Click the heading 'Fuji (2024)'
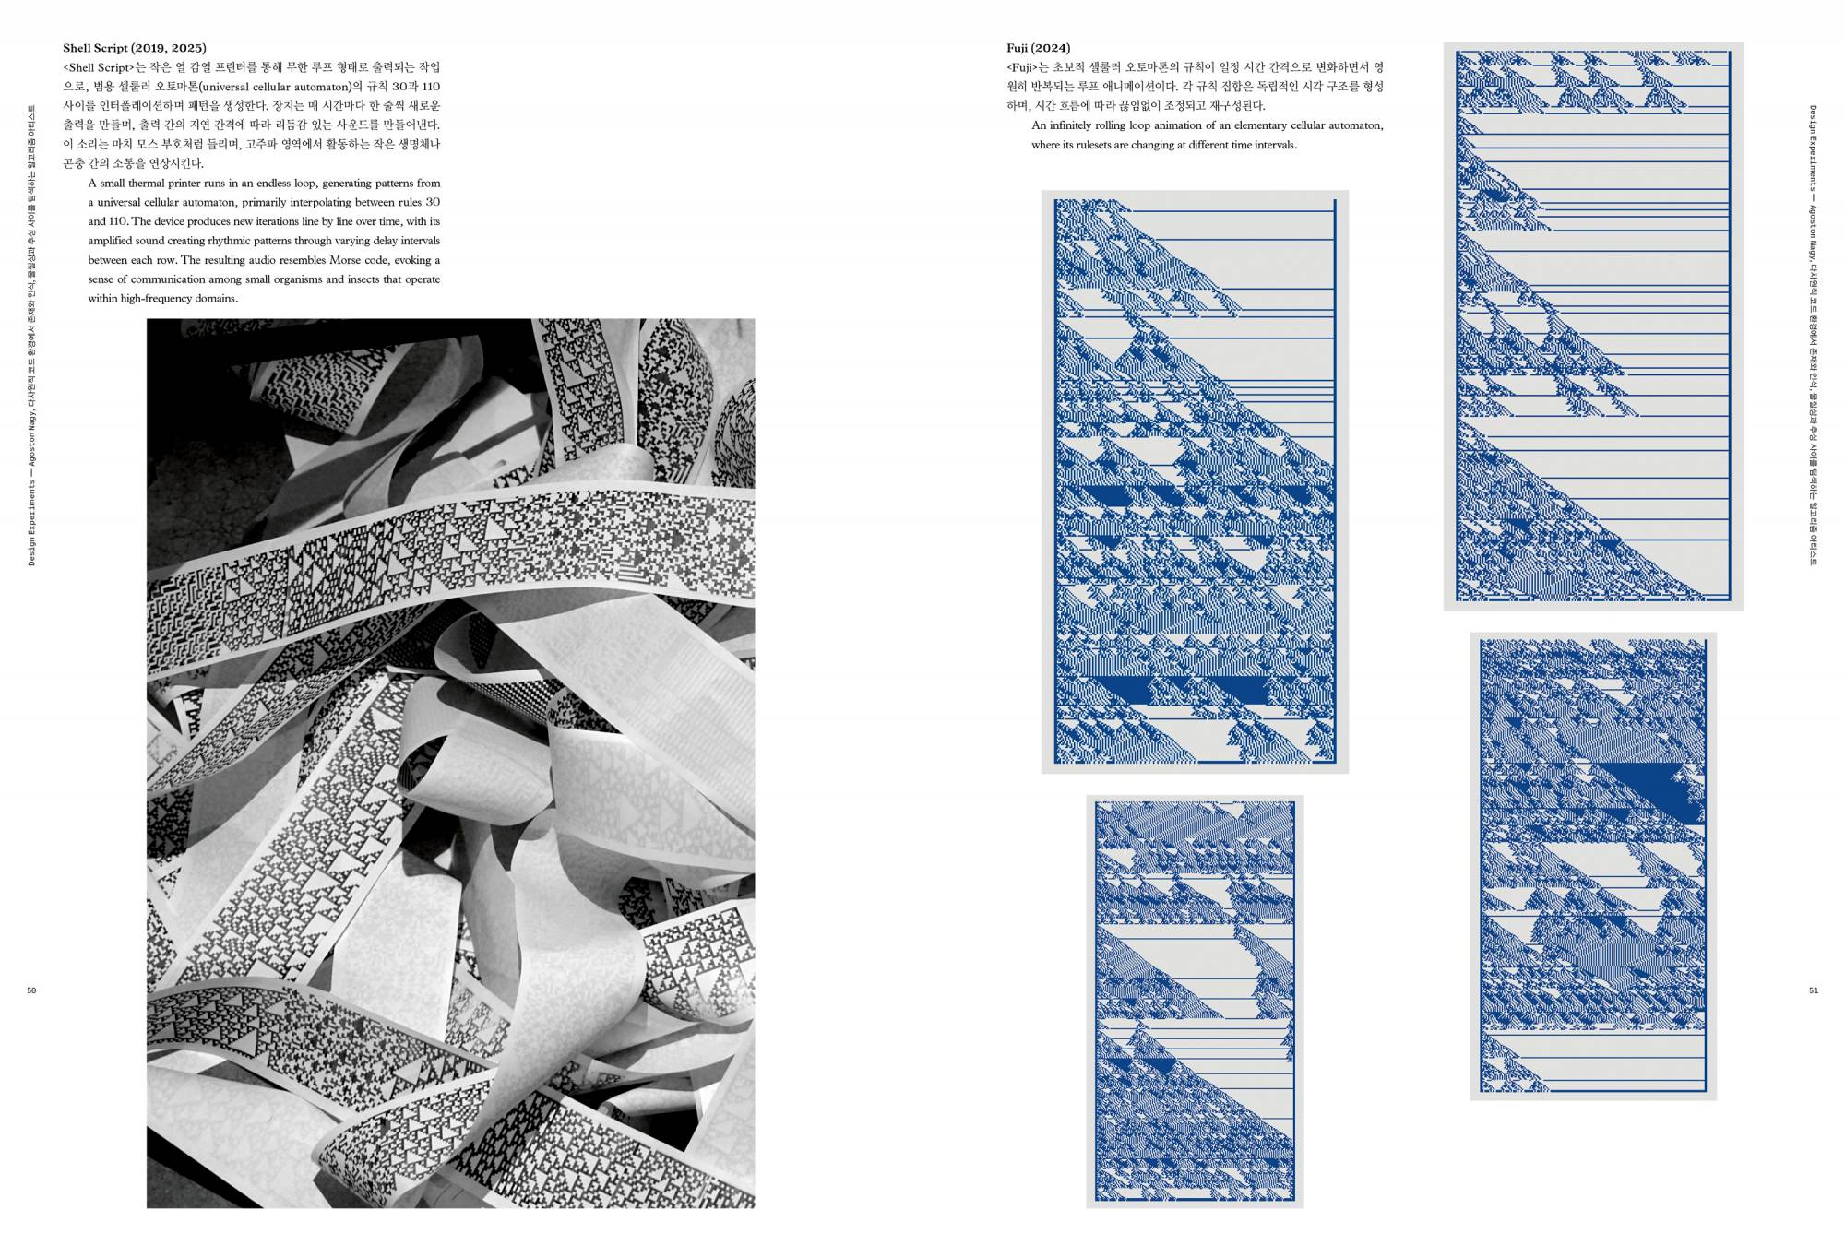(1038, 48)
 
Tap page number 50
(31, 990)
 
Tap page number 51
(1813, 990)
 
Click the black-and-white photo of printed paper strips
(450, 763)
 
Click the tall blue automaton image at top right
(1592, 326)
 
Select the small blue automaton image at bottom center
(1195, 1001)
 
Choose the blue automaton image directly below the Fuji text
(1195, 481)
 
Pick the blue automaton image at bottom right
(1592, 865)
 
